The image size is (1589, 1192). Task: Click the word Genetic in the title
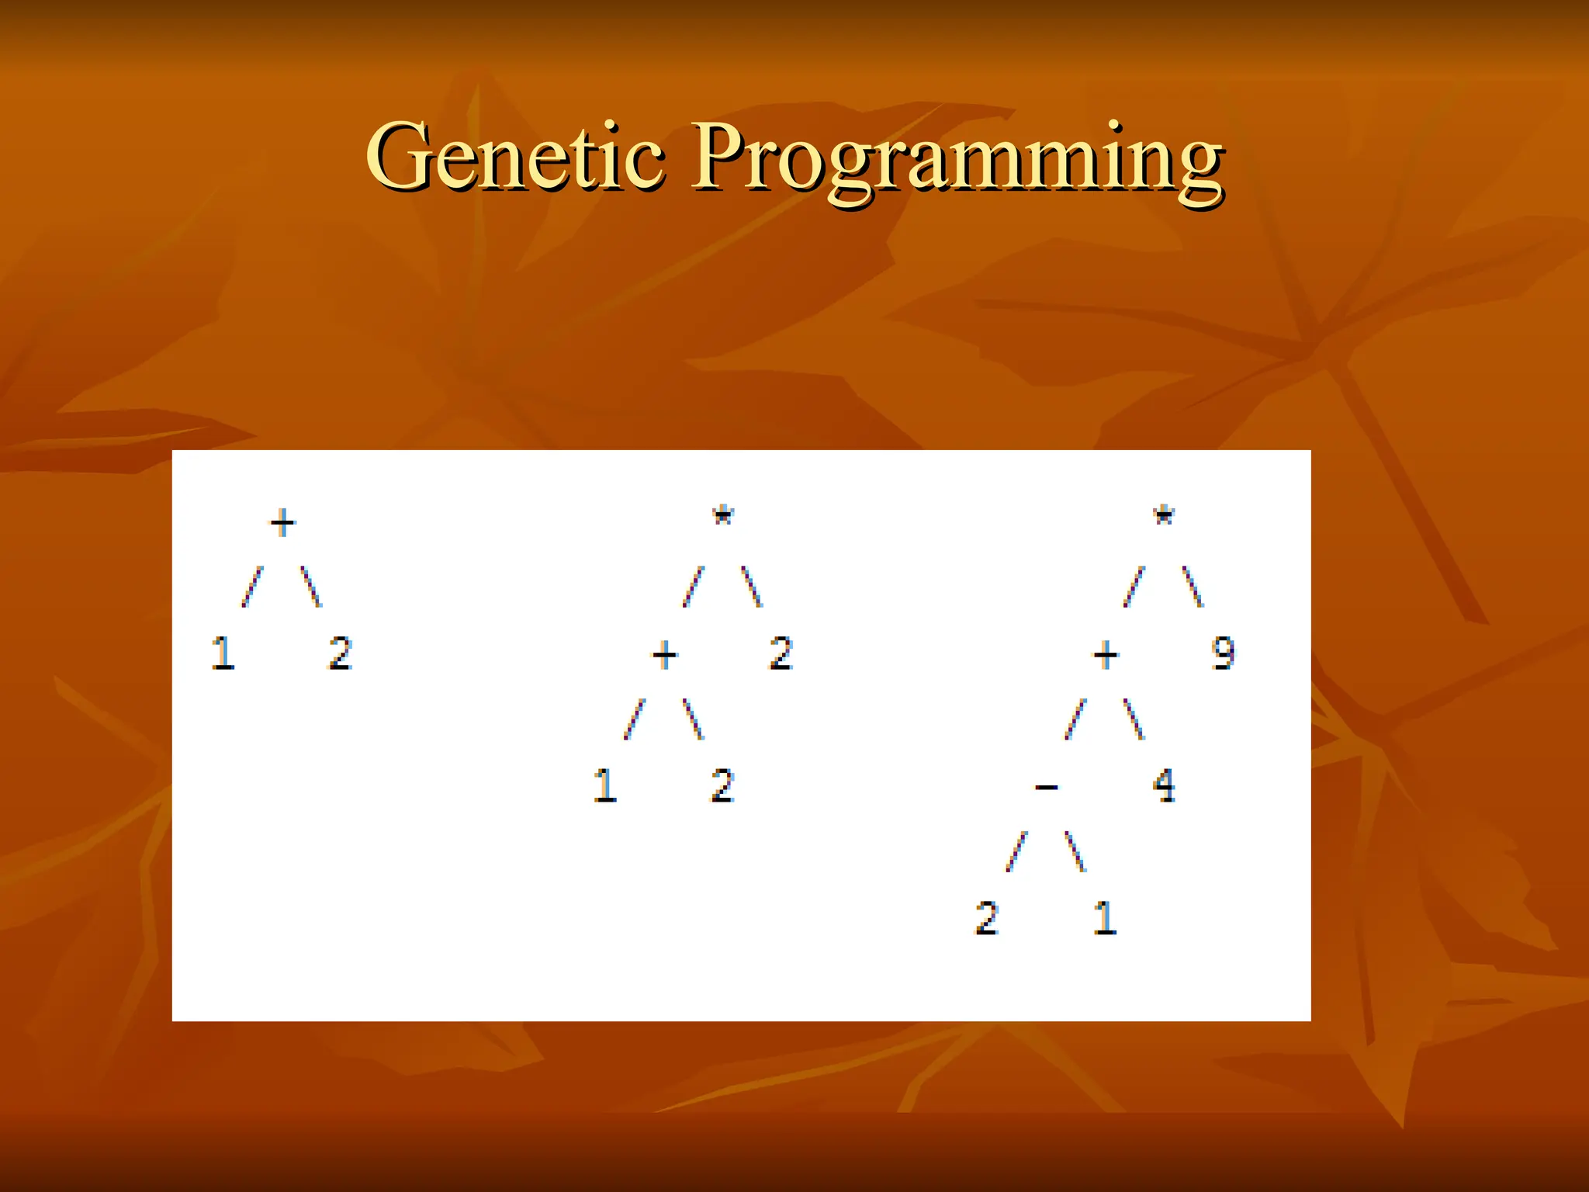point(515,157)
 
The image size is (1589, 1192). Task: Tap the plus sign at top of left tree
point(282,522)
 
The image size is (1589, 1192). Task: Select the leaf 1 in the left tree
point(223,653)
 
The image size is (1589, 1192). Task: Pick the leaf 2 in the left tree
point(341,653)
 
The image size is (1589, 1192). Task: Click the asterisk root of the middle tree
point(723,516)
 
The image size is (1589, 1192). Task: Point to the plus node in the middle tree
point(664,656)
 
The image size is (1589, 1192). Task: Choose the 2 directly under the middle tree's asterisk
point(781,653)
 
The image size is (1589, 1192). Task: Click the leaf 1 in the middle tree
point(605,785)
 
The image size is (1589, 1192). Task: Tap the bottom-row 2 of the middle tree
point(722,785)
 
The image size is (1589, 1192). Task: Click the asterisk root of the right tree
point(1164,516)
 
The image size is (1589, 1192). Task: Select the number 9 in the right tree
point(1223,653)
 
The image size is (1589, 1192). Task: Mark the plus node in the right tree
point(1106,656)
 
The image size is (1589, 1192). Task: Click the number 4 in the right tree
point(1164,785)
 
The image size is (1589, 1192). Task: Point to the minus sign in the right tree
point(1046,788)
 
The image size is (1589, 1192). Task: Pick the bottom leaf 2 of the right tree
point(987,918)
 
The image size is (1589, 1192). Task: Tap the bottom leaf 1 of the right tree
point(1105,918)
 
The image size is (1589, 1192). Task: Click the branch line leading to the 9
point(1193,587)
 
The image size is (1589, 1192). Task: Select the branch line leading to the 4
point(1134,719)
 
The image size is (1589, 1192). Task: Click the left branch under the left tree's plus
point(252,587)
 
